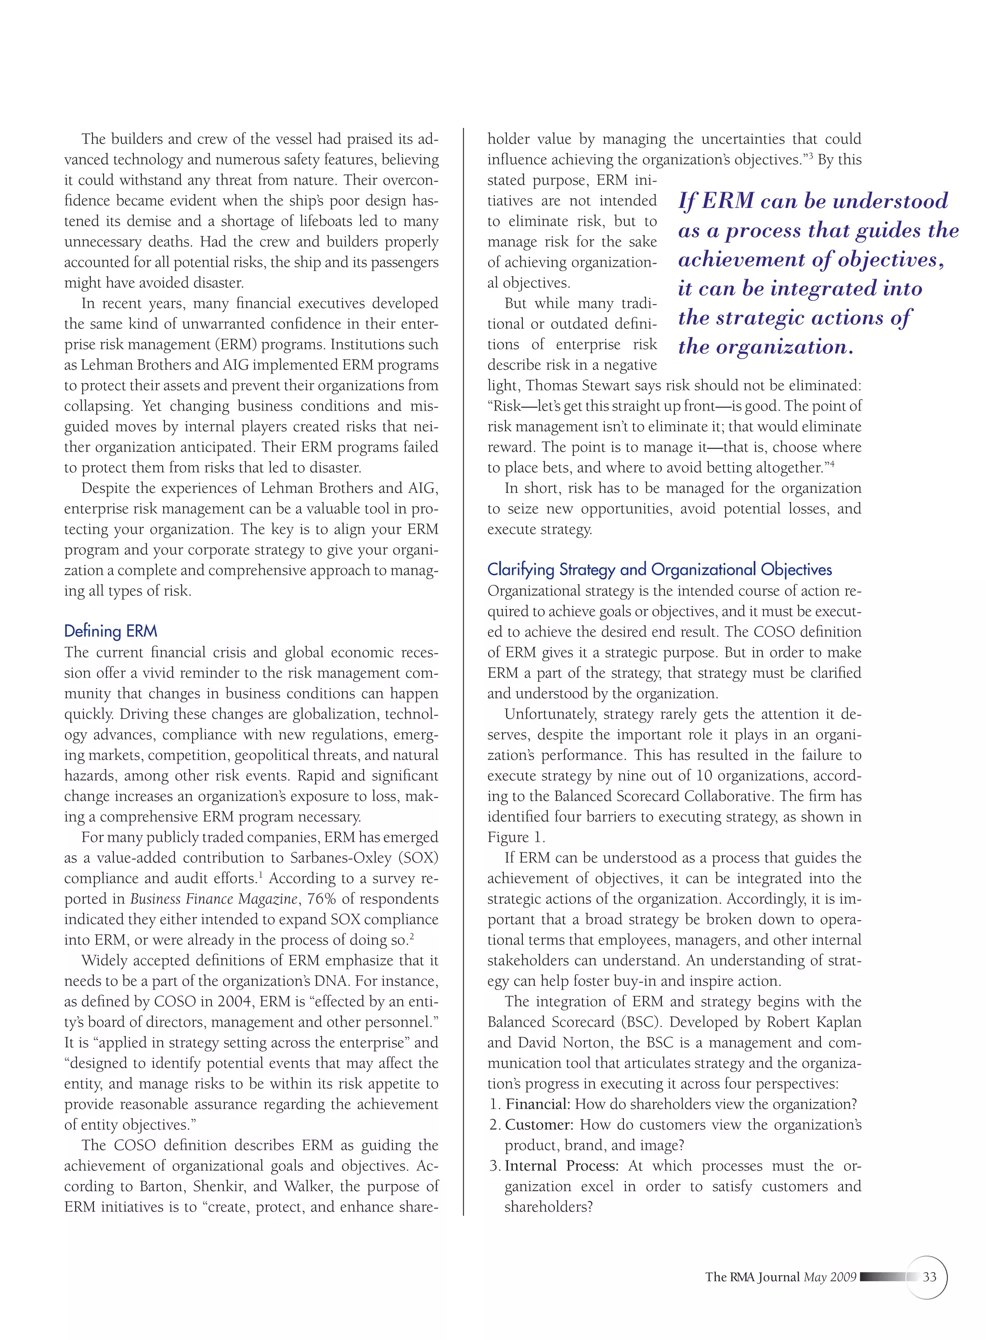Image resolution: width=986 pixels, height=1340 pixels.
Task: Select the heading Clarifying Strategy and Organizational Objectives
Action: pyautogui.click(x=659, y=570)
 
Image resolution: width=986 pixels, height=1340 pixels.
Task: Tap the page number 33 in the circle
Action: pyautogui.click(x=929, y=1277)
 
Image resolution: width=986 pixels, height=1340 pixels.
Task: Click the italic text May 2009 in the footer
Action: pyautogui.click(x=830, y=1277)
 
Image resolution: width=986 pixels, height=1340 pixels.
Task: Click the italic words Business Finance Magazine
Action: pyautogui.click(x=214, y=899)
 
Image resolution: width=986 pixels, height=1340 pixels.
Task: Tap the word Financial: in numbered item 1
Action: pyautogui.click(x=538, y=1104)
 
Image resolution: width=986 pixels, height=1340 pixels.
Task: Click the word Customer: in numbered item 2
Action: pyautogui.click(x=539, y=1125)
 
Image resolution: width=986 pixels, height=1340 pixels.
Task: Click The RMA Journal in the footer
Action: pyautogui.click(x=752, y=1277)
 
